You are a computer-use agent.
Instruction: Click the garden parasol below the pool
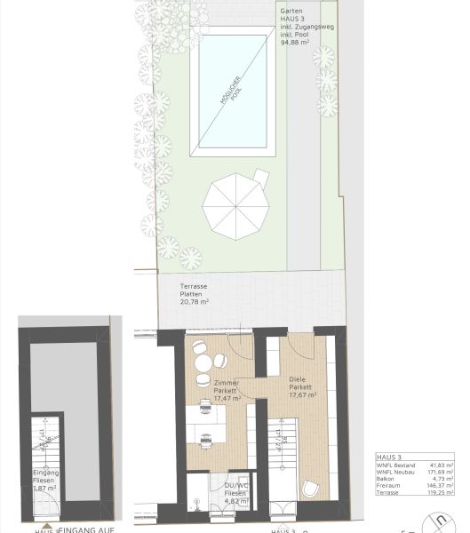pyautogui.click(x=235, y=207)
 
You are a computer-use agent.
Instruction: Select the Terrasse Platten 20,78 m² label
pyautogui.click(x=194, y=296)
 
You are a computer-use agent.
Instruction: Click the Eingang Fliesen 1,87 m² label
pyautogui.click(x=45, y=481)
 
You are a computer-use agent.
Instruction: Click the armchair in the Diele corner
pyautogui.click(x=312, y=488)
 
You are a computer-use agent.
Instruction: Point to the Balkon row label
pyautogui.click(x=386, y=479)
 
